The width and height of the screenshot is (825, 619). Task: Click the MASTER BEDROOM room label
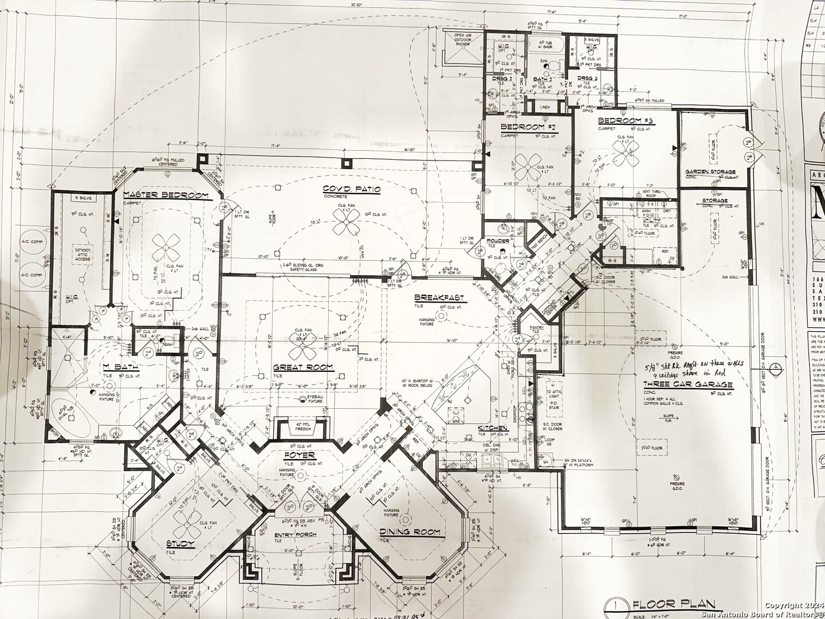point(166,196)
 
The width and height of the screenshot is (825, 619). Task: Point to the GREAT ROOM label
point(303,367)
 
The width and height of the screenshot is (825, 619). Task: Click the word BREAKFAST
point(439,298)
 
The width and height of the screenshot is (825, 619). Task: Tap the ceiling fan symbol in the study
point(186,520)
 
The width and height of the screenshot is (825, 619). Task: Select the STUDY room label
point(180,543)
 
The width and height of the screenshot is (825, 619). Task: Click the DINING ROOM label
point(410,532)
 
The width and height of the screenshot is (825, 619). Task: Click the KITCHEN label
point(493,428)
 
